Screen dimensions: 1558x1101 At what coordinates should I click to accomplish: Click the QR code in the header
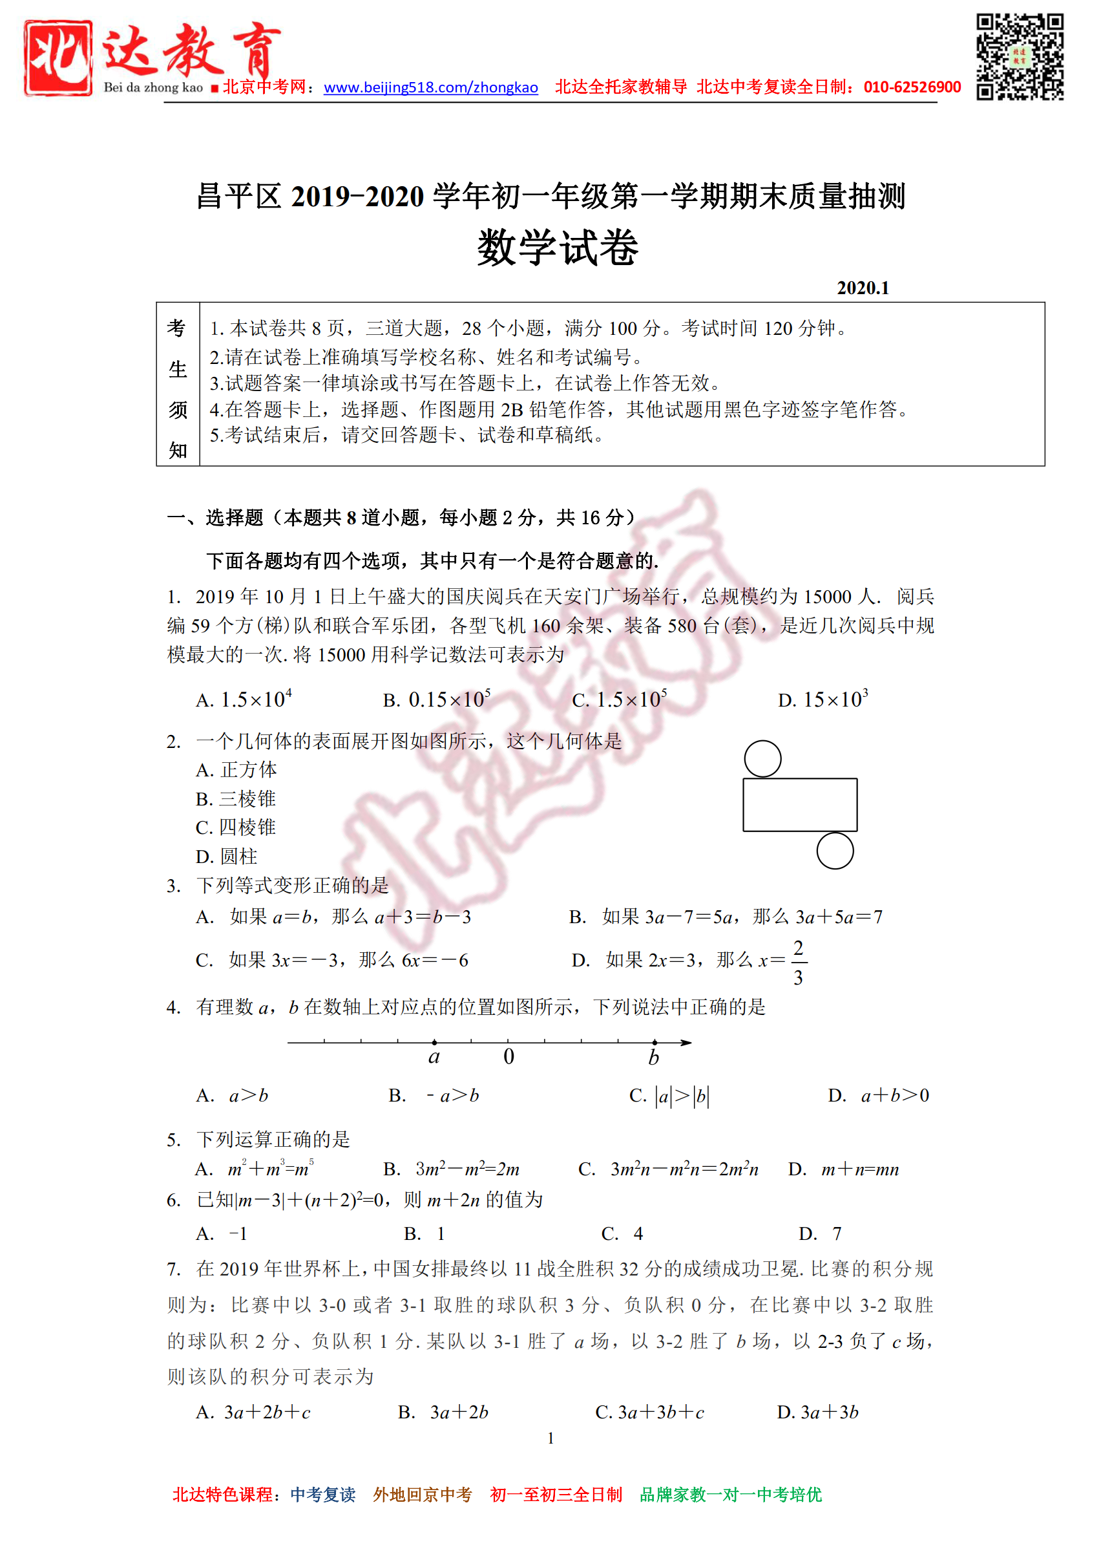click(x=1019, y=57)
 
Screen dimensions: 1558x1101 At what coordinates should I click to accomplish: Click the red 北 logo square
click(x=58, y=58)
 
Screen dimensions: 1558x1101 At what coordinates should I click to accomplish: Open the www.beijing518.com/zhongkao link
click(x=430, y=87)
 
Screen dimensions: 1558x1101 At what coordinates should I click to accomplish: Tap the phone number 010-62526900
click(x=912, y=87)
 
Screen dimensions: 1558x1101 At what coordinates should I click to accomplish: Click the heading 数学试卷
click(x=557, y=248)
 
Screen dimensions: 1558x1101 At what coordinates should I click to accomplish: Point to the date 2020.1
click(x=862, y=288)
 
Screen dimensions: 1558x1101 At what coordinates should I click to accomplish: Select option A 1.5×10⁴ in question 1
click(x=244, y=699)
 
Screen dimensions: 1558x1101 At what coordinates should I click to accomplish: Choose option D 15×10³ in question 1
click(x=823, y=699)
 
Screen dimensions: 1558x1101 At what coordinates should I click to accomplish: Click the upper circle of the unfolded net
click(x=762, y=759)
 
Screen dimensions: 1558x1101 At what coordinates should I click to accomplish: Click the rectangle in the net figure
click(x=800, y=805)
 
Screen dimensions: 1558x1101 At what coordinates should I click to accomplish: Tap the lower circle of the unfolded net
click(x=834, y=851)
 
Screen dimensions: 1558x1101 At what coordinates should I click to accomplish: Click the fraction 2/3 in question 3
click(x=799, y=962)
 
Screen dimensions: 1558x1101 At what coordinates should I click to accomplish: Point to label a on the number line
click(x=434, y=1057)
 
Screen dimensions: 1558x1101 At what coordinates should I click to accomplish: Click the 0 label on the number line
click(x=509, y=1057)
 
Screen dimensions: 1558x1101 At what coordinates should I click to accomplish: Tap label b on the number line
click(x=653, y=1057)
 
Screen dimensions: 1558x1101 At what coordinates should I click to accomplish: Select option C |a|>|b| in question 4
click(x=669, y=1096)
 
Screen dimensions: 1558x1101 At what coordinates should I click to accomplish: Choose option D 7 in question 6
click(x=821, y=1233)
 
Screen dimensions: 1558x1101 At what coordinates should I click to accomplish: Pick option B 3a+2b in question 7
click(x=443, y=1412)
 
